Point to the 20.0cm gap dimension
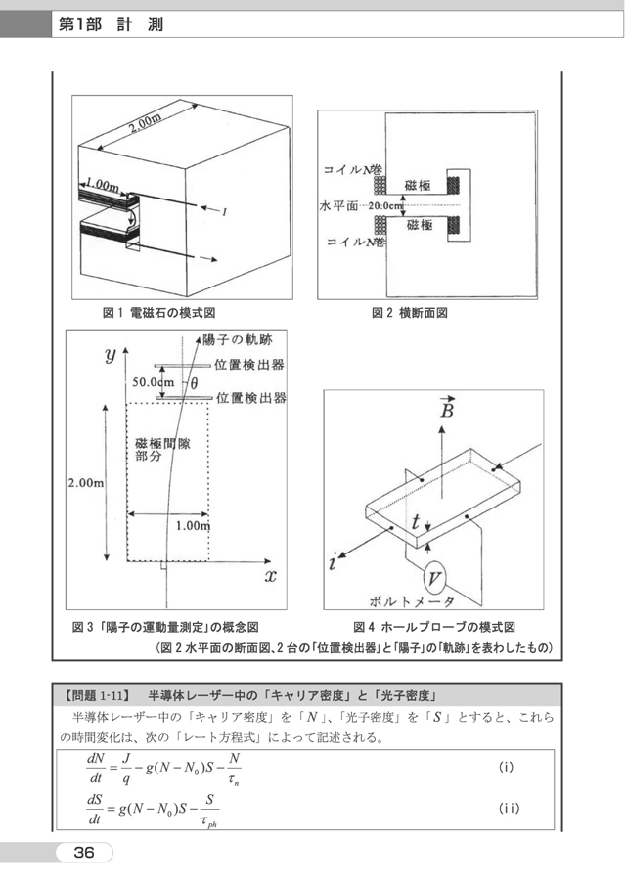click(386, 206)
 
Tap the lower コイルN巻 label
click(353, 241)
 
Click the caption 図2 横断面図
click(409, 313)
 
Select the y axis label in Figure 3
click(112, 353)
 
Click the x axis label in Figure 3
click(269, 576)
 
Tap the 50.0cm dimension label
click(153, 381)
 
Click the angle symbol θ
click(192, 384)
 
